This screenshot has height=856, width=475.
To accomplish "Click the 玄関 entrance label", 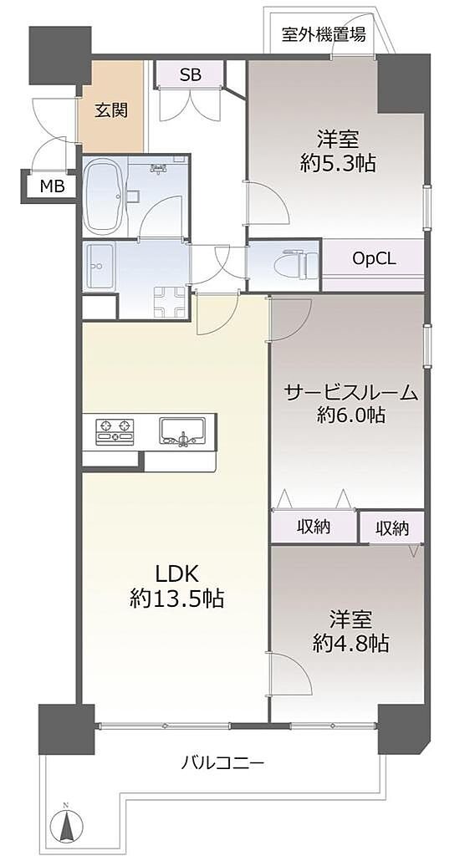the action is (x=111, y=111).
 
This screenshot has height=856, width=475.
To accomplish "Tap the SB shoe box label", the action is (x=190, y=74).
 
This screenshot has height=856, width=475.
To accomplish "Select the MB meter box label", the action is (x=53, y=186).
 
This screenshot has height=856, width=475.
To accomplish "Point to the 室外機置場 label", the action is (x=324, y=35).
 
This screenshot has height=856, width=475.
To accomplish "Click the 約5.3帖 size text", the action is (x=337, y=163).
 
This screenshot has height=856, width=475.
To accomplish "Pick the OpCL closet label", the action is (x=374, y=258).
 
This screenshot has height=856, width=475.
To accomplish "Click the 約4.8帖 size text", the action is (x=350, y=645).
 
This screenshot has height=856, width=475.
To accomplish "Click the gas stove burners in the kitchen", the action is (x=115, y=431).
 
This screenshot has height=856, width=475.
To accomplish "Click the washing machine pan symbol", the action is (x=170, y=301).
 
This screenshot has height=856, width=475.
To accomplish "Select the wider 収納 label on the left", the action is (x=314, y=527).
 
